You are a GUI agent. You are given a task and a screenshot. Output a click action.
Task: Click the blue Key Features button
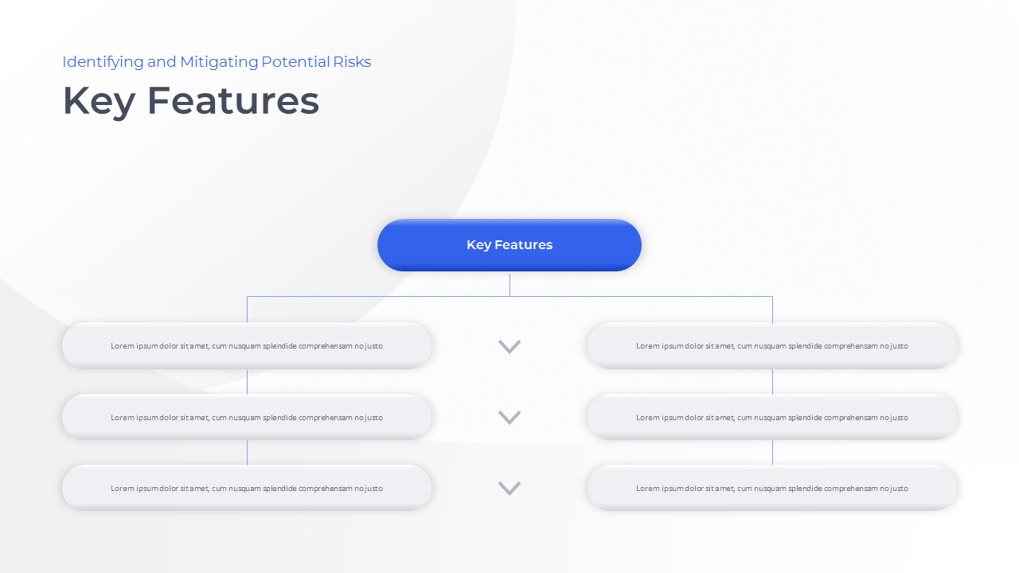[x=509, y=245]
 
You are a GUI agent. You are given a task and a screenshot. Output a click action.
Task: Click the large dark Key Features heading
[x=191, y=101]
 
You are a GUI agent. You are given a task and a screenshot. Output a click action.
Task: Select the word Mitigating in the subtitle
[x=219, y=62]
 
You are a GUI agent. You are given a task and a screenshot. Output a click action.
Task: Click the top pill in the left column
[x=247, y=346]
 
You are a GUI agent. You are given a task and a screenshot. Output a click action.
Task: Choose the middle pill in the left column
[x=247, y=417]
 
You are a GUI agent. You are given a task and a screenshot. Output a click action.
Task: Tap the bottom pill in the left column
[x=247, y=488]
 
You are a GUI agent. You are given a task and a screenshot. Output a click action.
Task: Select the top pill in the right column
[x=772, y=346]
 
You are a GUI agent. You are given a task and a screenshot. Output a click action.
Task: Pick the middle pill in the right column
[x=772, y=417]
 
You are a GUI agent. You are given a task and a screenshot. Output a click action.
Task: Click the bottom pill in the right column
[x=772, y=488]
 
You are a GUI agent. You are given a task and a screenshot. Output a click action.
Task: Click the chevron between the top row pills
[x=509, y=346]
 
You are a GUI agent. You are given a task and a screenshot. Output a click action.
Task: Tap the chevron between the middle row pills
[x=509, y=417]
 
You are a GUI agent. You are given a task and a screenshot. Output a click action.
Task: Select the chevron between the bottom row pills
[x=509, y=488]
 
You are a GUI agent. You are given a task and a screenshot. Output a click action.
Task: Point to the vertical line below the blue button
[x=509, y=285]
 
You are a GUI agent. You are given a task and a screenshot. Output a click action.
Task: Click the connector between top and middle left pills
[x=247, y=381]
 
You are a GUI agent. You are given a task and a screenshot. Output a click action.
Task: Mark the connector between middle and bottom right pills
[x=772, y=452]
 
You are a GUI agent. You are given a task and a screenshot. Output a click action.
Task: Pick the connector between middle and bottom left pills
[x=247, y=452]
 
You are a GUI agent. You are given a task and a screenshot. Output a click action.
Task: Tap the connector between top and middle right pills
[x=772, y=381]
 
